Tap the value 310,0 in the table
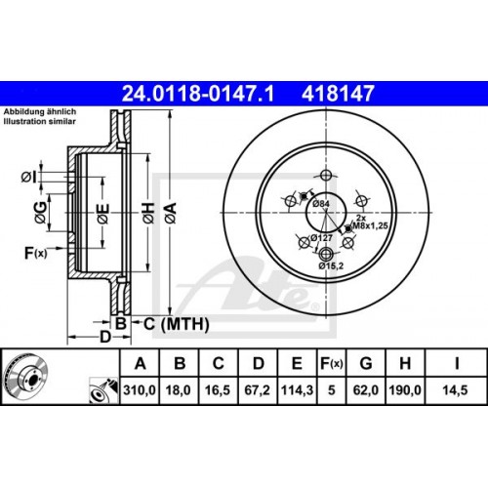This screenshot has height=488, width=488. click(141, 387)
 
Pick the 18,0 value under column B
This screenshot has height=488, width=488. click(180, 387)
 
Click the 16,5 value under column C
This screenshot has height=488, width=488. click(219, 387)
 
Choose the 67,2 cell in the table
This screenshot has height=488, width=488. click(258, 387)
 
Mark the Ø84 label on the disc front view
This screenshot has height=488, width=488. click(323, 202)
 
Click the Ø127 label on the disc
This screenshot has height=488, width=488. click(322, 239)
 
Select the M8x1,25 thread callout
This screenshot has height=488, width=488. click(372, 224)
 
